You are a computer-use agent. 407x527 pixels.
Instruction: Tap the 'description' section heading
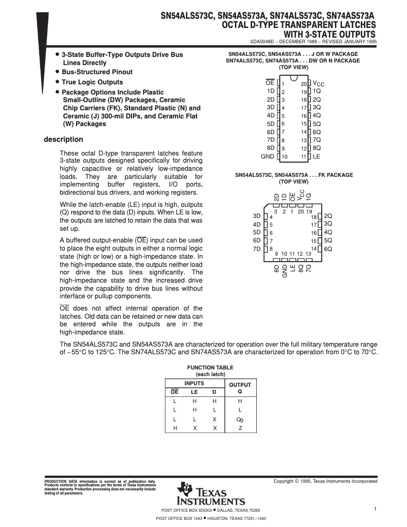(x=63, y=139)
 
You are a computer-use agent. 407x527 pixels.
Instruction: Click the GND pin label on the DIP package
(x=267, y=156)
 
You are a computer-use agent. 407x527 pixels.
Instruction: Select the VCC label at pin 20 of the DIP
(x=318, y=83)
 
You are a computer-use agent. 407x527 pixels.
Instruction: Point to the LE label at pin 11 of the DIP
(x=316, y=156)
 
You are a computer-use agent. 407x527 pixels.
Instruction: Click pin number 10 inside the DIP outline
(x=284, y=157)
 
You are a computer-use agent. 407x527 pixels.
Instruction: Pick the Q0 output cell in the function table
(x=240, y=420)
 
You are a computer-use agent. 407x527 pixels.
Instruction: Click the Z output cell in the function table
(x=240, y=428)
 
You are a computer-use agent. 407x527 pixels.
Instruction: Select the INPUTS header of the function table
(x=194, y=384)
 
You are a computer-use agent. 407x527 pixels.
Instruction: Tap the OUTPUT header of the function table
(x=240, y=385)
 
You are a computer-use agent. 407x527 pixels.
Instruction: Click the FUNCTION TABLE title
(x=210, y=367)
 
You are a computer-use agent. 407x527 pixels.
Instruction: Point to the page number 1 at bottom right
(x=375, y=509)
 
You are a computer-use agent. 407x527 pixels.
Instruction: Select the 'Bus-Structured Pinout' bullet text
(x=97, y=72)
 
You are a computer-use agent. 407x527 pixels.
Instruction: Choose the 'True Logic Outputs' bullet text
(x=92, y=82)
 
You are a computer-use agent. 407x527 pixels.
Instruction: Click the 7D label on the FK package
(x=256, y=249)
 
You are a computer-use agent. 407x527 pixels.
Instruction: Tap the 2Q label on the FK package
(x=328, y=216)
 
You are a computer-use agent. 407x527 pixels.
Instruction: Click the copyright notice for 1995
(x=325, y=481)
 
